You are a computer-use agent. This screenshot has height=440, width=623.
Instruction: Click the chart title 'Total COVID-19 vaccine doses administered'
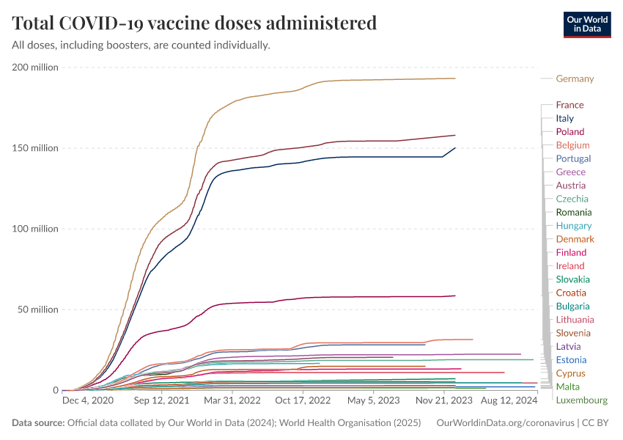tap(194, 23)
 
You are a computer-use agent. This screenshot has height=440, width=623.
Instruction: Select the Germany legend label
tap(575, 78)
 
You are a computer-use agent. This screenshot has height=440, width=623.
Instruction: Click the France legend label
tap(569, 105)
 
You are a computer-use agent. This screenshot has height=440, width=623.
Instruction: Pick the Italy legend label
tap(564, 118)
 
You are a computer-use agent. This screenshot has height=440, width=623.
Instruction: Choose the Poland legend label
tap(569, 132)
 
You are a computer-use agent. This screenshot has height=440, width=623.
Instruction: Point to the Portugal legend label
tap(573, 158)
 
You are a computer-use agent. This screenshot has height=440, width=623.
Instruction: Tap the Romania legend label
tap(574, 212)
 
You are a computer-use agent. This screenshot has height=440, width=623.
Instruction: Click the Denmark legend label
tap(575, 239)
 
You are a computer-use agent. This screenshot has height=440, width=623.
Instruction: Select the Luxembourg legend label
tap(581, 400)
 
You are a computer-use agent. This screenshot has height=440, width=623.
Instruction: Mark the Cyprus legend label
tap(570, 373)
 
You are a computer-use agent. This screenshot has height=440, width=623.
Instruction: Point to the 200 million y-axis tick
tap(34, 67)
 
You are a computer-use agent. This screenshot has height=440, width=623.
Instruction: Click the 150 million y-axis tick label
tap(34, 148)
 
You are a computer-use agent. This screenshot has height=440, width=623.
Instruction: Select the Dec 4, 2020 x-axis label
tap(88, 401)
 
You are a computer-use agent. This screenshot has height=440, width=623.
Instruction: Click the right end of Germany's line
tap(455, 78)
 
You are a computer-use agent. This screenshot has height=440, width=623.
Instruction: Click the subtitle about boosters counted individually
tap(141, 45)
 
